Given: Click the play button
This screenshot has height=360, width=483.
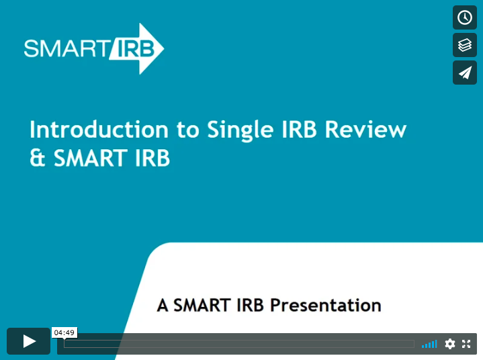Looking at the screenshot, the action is click(x=29, y=341).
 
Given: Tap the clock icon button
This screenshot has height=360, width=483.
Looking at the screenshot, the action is click(x=464, y=17).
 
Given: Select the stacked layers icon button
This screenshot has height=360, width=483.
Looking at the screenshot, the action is click(x=464, y=45).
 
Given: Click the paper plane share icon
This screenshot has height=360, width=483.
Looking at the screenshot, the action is click(x=464, y=73).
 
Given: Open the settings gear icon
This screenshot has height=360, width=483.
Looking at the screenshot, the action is click(x=449, y=344).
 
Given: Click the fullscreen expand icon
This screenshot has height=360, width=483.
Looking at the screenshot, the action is click(x=466, y=344).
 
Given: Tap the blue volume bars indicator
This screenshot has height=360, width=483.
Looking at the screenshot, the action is click(x=429, y=344).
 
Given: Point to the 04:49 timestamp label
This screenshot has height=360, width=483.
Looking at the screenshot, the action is click(x=64, y=332).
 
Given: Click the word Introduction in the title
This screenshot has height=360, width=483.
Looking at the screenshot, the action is click(x=99, y=130).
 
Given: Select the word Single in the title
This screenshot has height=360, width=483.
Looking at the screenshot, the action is click(x=240, y=130).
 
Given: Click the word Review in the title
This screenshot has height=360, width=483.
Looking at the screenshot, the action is click(x=365, y=130).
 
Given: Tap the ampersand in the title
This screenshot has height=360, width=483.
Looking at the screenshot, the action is click(x=38, y=158).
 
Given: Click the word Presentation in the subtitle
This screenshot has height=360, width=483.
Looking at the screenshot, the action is click(x=326, y=306).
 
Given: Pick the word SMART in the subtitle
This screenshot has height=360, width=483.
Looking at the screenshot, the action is click(x=202, y=306).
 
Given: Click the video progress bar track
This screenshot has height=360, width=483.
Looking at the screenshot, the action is click(x=239, y=344).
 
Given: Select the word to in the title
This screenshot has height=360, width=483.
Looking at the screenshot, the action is click(x=188, y=130).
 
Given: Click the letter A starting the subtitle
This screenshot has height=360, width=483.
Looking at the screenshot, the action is click(x=163, y=306).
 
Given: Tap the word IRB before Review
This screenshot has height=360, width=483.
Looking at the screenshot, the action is click(x=299, y=130).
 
